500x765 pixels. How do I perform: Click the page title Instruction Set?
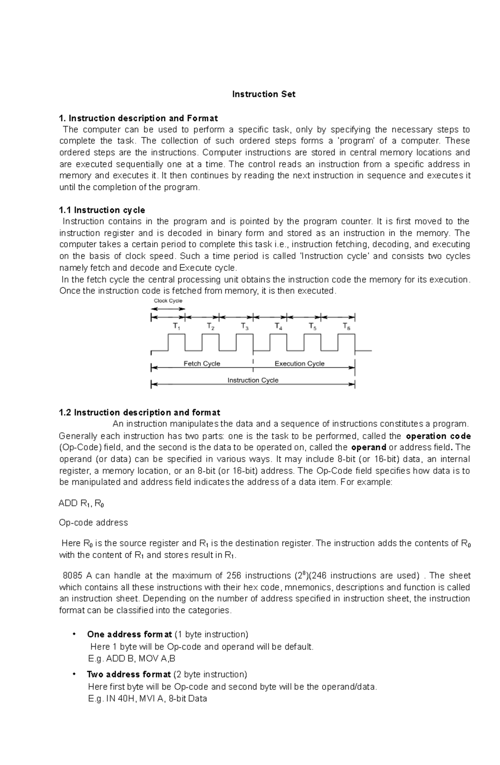pyautogui.click(x=263, y=94)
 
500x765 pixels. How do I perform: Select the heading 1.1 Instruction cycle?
pyautogui.click(x=102, y=210)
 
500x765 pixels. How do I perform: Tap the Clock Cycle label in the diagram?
pyautogui.click(x=168, y=301)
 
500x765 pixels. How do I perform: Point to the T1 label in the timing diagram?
pyautogui.click(x=177, y=326)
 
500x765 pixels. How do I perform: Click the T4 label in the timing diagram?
pyautogui.click(x=278, y=326)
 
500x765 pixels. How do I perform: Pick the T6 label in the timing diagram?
pyautogui.click(x=346, y=326)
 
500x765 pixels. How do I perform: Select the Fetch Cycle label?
pyautogui.click(x=202, y=364)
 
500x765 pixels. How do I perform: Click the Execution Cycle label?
pyautogui.click(x=299, y=364)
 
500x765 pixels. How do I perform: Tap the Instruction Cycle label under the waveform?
pyautogui.click(x=252, y=380)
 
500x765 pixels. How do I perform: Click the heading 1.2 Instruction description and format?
pyautogui.click(x=140, y=413)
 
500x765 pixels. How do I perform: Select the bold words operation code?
pyautogui.click(x=438, y=436)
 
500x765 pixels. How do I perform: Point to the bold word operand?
pyautogui.click(x=369, y=448)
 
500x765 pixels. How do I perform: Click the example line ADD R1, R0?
pyautogui.click(x=81, y=503)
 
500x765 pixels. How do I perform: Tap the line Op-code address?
pyautogui.click(x=93, y=523)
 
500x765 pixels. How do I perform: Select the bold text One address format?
pyautogui.click(x=129, y=635)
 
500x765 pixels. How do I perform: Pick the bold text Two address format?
pyautogui.click(x=129, y=675)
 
